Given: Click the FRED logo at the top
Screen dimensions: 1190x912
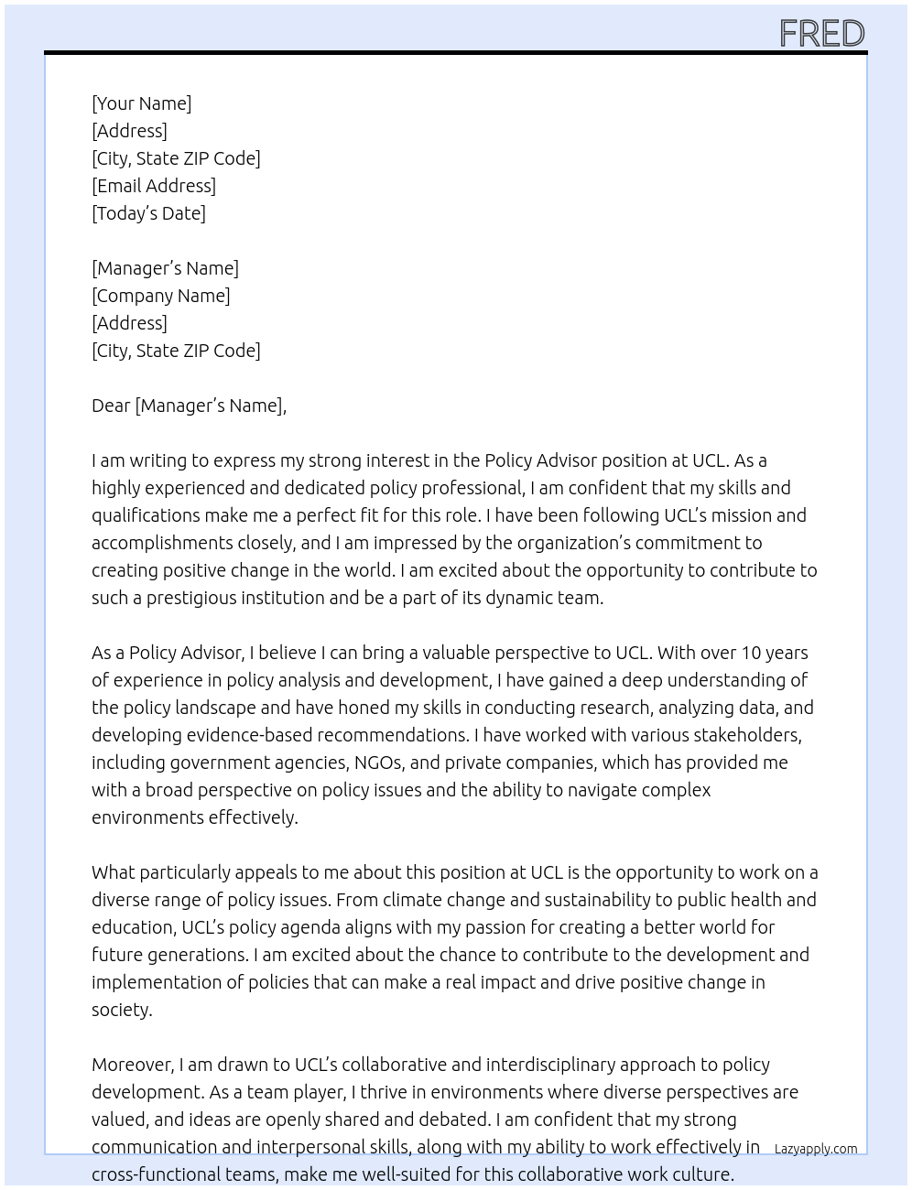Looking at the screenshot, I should (x=821, y=34).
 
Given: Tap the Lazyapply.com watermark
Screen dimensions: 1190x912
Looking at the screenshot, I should (x=815, y=1149).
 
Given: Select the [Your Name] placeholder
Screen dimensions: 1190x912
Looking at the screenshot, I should (x=141, y=103).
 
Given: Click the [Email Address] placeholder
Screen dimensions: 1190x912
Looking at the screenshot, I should (x=154, y=186).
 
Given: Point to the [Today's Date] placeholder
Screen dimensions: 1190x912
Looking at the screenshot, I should (x=148, y=213).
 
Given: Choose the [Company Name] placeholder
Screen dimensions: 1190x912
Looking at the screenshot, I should (x=160, y=296).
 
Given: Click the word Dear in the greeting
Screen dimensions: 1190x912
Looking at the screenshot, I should (x=111, y=406).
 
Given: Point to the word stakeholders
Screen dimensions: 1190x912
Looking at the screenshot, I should (x=745, y=735).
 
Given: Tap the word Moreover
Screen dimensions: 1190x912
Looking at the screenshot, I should (x=132, y=1065).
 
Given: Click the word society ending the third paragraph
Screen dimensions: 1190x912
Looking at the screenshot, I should (x=120, y=1010).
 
